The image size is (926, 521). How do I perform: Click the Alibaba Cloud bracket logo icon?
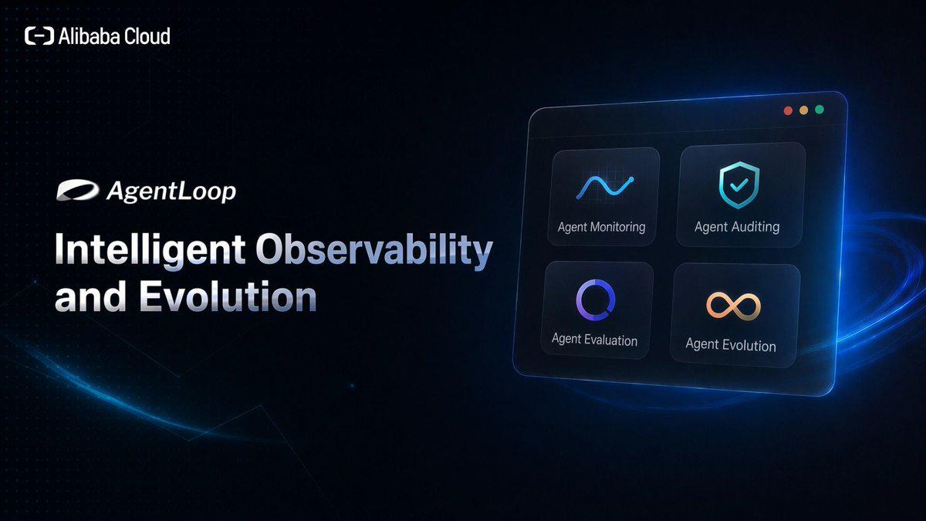click(x=39, y=36)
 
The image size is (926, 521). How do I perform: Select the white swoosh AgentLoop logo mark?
click(x=78, y=190)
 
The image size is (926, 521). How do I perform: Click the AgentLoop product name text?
click(x=171, y=192)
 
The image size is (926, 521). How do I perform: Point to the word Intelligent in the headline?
click(x=150, y=250)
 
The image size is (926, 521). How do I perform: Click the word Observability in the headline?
click(x=374, y=250)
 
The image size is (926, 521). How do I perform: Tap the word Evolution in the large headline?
click(x=228, y=296)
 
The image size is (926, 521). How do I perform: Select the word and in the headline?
click(x=90, y=296)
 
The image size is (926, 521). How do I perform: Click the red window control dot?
click(x=788, y=110)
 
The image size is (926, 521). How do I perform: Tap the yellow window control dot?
click(x=803, y=110)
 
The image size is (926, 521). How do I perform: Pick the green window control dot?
click(x=820, y=109)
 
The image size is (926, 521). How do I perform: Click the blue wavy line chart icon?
click(x=605, y=188)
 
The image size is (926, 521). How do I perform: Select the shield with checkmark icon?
click(x=739, y=184)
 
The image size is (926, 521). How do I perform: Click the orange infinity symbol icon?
click(x=733, y=306)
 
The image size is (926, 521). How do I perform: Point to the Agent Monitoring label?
click(x=601, y=227)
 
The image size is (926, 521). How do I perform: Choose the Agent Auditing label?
click(x=737, y=227)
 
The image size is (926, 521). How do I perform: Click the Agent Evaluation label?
click(x=594, y=340)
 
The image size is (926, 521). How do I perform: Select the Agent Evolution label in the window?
click(x=731, y=345)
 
